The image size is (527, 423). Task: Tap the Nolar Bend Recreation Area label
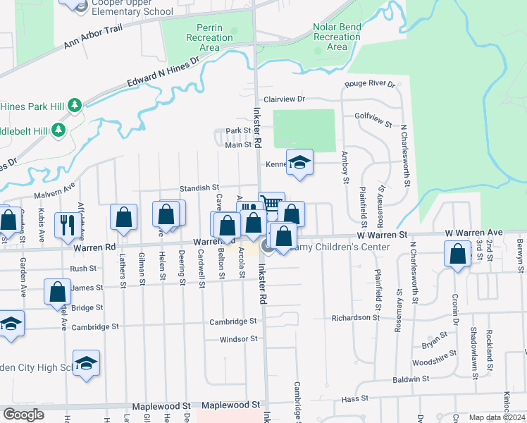[x=337, y=37]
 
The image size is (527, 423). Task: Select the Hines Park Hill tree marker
[x=75, y=106]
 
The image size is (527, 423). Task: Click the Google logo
[x=24, y=415]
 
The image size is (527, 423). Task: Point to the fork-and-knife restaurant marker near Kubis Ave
[x=68, y=224]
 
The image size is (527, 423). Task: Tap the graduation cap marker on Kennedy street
[x=299, y=164]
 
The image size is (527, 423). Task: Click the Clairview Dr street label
[x=284, y=100]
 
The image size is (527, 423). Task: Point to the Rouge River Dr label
[x=370, y=85]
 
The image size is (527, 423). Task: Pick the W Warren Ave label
[x=473, y=232]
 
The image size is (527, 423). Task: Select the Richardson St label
[x=356, y=318]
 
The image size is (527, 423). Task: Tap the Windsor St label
[x=239, y=339]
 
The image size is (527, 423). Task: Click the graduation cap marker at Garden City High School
[x=86, y=362]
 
